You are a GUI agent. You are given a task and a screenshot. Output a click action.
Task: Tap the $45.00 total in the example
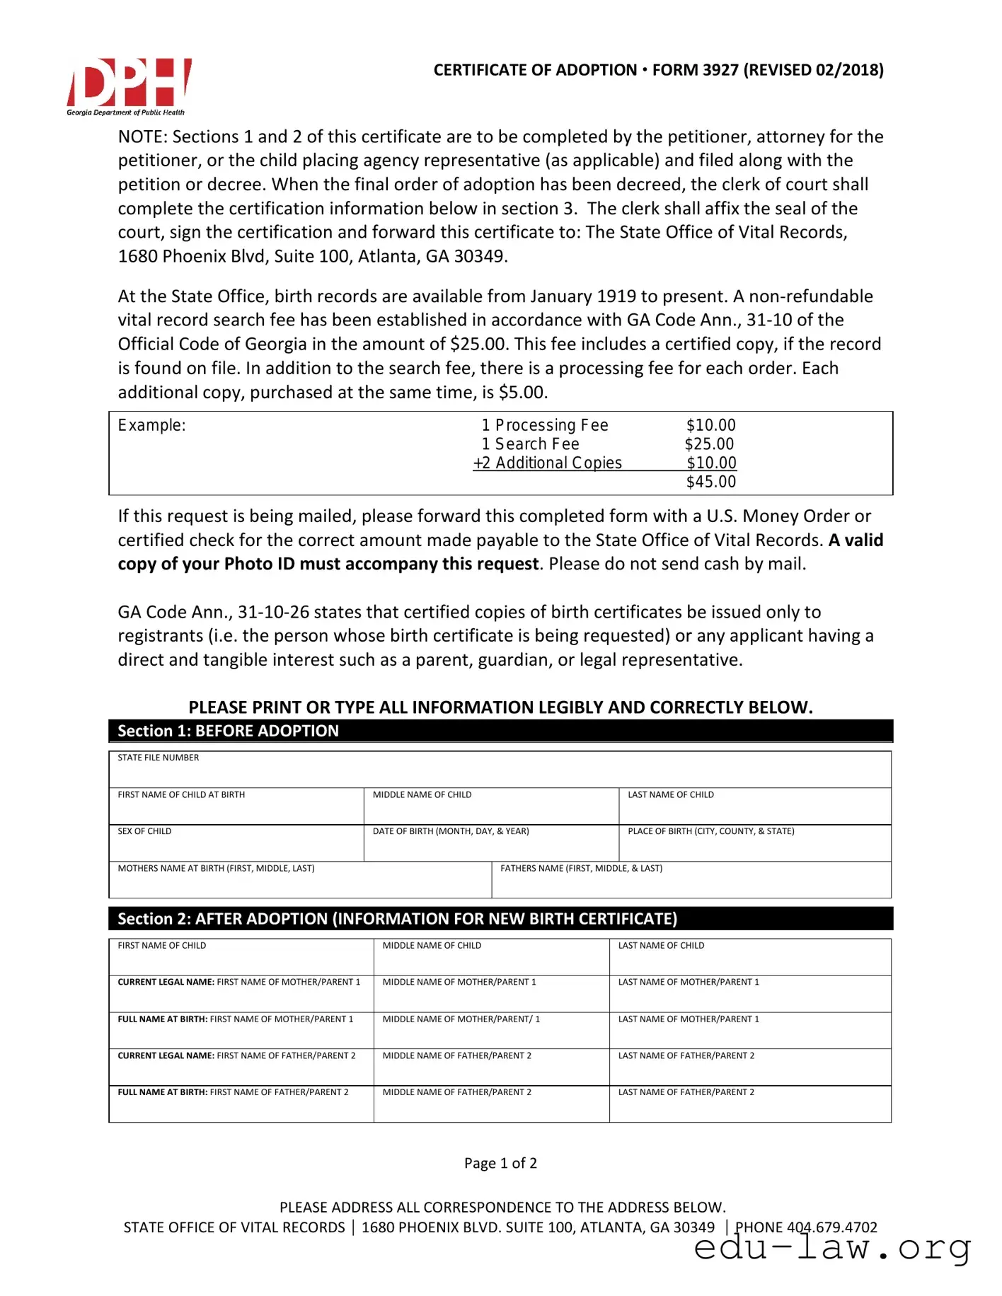(710, 482)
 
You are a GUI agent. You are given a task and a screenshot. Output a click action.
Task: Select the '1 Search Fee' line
(530, 444)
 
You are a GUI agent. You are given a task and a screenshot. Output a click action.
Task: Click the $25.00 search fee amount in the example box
(709, 444)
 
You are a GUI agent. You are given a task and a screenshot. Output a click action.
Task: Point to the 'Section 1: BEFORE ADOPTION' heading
(228, 731)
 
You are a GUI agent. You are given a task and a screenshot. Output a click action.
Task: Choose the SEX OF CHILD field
(236, 844)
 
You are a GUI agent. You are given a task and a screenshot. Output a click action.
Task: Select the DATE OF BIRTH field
(490, 844)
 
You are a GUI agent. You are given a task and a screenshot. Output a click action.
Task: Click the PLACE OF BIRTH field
(754, 844)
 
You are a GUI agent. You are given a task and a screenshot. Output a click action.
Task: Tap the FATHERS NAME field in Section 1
(691, 881)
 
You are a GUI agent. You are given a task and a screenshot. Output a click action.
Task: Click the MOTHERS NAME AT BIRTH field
(299, 881)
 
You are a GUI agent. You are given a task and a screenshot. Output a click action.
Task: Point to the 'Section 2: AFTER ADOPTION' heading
(397, 919)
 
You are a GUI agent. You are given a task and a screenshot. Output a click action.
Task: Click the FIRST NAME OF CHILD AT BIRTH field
(236, 807)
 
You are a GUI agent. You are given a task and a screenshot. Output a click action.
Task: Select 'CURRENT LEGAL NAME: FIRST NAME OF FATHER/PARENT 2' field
(241, 1068)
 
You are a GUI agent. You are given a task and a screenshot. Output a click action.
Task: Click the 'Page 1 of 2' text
(500, 1163)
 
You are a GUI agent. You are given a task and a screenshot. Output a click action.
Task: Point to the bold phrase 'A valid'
(856, 540)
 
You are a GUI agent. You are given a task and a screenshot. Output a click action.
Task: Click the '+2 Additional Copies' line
(548, 463)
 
